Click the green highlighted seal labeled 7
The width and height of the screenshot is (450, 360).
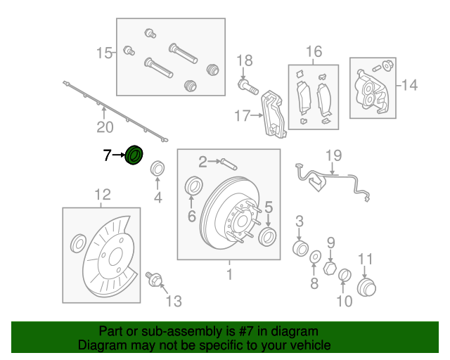coord(133,155)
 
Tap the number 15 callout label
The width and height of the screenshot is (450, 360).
coord(104,53)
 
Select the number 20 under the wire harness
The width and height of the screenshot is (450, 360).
coord(104,127)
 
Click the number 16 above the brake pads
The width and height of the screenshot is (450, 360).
coord(314,52)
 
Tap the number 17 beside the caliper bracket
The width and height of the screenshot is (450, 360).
coord(242,116)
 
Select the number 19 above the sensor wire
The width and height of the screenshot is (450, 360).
coord(333,155)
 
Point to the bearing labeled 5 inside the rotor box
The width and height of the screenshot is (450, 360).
coord(268,236)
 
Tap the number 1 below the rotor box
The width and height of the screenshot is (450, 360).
coord(228,273)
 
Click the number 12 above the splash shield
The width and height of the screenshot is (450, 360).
coord(103,195)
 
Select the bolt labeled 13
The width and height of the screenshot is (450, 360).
coord(153,279)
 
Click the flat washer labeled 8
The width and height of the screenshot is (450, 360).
coord(315,256)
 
